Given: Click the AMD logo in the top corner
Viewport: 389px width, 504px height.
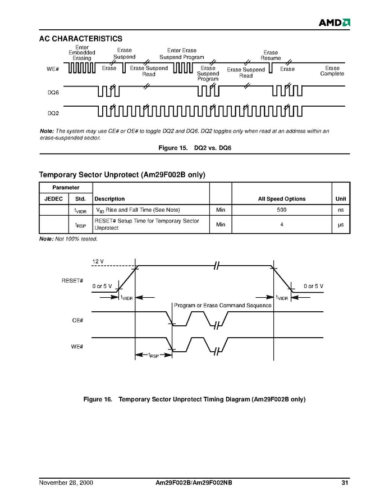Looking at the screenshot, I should point(335,22).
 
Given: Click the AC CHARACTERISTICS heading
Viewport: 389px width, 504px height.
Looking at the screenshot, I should point(80,39).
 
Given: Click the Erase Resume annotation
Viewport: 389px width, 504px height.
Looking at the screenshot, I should point(271,56).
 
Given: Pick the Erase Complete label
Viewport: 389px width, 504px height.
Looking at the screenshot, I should point(332,71).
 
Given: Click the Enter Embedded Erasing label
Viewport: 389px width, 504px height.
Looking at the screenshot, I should point(82,53).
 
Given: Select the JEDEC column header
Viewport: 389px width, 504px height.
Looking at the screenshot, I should point(53,199).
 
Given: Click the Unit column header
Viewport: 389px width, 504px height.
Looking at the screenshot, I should point(341,199).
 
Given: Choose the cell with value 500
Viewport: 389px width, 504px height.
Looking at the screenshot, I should point(281,210).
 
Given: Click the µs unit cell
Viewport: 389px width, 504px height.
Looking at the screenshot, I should point(340,225).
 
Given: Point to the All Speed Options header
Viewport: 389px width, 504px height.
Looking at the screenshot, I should point(281,199).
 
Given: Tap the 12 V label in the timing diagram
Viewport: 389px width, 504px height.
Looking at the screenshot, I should point(98,262).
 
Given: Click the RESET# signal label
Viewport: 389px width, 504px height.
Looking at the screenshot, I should point(72,280).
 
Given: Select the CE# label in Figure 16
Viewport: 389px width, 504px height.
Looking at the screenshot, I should point(77,320).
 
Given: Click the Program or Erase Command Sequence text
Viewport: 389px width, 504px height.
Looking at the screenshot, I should point(222,306).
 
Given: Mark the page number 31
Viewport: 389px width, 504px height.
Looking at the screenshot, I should point(345,483).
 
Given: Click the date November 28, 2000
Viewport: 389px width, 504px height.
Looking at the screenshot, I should point(66,483).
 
